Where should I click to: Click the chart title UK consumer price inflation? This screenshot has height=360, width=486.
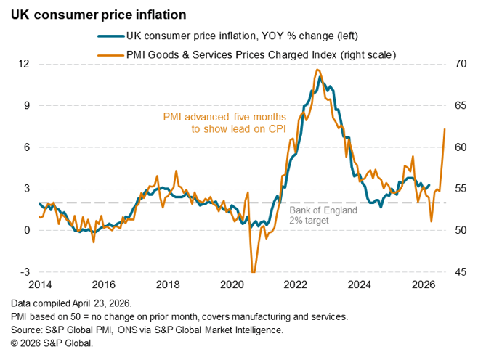coord(93,14)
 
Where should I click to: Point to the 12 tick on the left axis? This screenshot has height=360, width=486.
coord(23,64)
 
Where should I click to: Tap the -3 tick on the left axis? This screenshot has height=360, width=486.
coord(23,272)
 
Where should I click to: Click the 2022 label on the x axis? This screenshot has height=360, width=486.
coord(295,285)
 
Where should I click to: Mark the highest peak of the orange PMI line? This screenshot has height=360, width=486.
coord(317,70)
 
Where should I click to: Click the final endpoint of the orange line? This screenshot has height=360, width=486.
coord(445,129)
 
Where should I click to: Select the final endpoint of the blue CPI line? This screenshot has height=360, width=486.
coord(429,185)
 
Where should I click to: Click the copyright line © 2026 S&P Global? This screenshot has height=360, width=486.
coord(52,343)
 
